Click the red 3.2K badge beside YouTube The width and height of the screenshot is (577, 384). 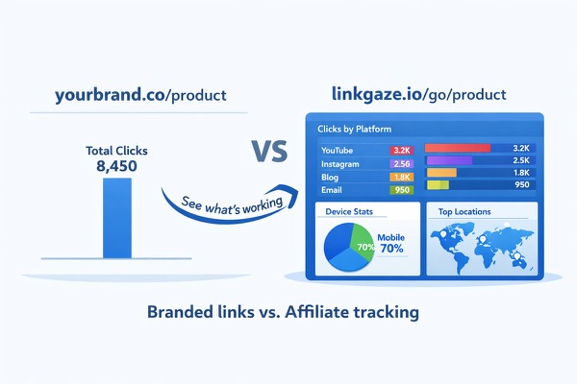[400, 150]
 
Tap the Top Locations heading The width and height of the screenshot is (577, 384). [466, 211]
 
